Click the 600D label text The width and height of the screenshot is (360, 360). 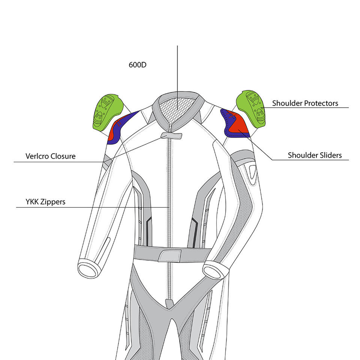point(138,64)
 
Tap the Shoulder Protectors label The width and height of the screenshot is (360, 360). point(305,103)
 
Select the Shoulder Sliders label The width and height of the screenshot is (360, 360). point(315,155)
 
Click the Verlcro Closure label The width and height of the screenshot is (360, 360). point(50,156)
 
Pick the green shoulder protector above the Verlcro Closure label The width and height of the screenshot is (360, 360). point(106,111)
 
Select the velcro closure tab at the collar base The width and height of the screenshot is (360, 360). point(171,135)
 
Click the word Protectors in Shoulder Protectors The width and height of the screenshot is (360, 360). point(321,103)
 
